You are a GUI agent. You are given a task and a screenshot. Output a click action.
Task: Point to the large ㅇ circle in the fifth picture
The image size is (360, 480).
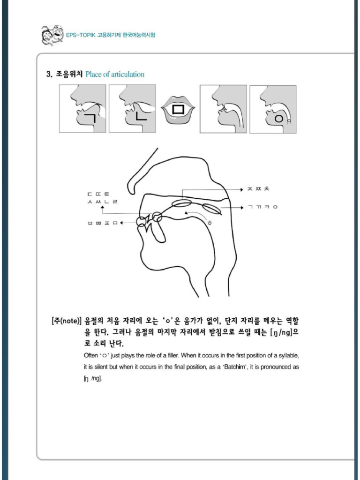click(278, 119)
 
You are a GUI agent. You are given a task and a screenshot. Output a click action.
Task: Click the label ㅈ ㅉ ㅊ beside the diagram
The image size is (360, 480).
click(258, 188)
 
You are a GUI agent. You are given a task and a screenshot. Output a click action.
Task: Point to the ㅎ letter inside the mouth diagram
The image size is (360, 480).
click(210, 222)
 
